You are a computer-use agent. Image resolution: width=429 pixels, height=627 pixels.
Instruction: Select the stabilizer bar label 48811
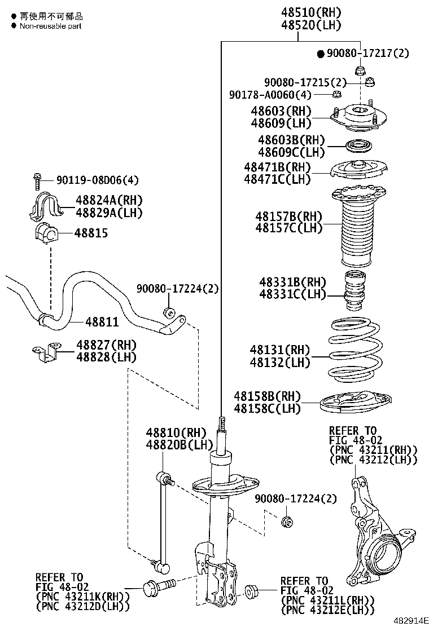[x=102, y=322]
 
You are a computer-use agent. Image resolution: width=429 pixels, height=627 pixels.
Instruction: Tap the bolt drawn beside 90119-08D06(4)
[x=37, y=181]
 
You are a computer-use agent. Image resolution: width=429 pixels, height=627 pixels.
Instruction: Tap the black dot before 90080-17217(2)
[x=320, y=54]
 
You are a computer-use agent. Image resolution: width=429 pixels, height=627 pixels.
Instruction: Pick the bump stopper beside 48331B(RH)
[x=354, y=291]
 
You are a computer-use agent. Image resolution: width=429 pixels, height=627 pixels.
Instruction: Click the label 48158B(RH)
[x=268, y=396]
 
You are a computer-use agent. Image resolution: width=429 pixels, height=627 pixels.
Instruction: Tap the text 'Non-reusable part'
[x=51, y=26]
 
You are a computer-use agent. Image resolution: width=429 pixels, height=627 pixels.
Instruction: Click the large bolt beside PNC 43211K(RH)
[x=155, y=588]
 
